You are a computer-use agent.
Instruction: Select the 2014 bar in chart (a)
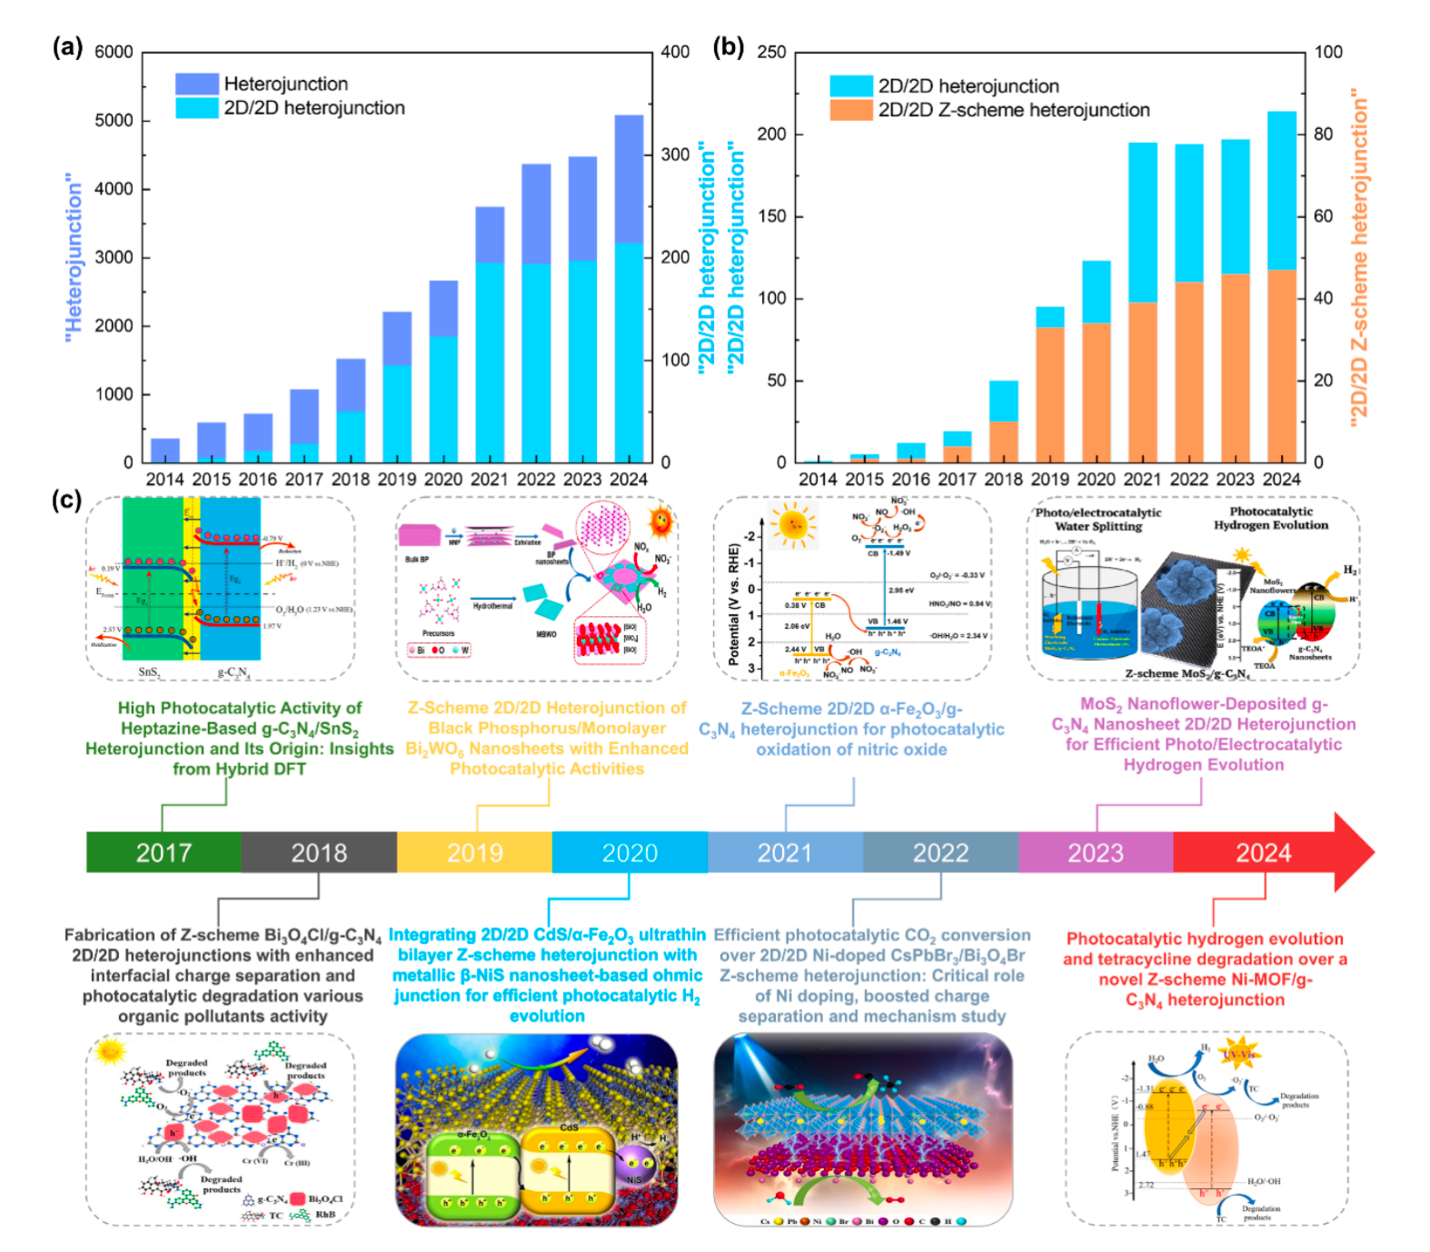pos(164,451)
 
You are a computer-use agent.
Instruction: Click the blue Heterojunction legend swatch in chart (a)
pos(196,84)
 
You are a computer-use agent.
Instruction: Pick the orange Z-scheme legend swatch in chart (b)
pos(850,110)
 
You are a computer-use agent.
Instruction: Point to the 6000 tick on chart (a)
pos(114,52)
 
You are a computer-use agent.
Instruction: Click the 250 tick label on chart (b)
pos(771,52)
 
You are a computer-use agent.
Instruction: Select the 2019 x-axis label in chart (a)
pos(396,479)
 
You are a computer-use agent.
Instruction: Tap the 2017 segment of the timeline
pos(164,852)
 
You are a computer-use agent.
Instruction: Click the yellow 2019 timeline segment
pos(474,852)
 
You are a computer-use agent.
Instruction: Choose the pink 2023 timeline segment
pos(1095,852)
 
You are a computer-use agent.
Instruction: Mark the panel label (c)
pos(66,500)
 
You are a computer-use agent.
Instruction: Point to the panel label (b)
pos(728,47)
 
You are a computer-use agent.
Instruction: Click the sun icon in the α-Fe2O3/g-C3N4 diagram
pos(793,525)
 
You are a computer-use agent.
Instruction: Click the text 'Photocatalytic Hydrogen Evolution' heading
pos(1270,518)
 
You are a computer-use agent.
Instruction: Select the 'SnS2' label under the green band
pos(150,672)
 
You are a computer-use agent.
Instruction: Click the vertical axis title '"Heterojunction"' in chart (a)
pos(74,258)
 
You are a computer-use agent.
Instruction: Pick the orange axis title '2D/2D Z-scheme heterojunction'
pos(1359,258)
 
